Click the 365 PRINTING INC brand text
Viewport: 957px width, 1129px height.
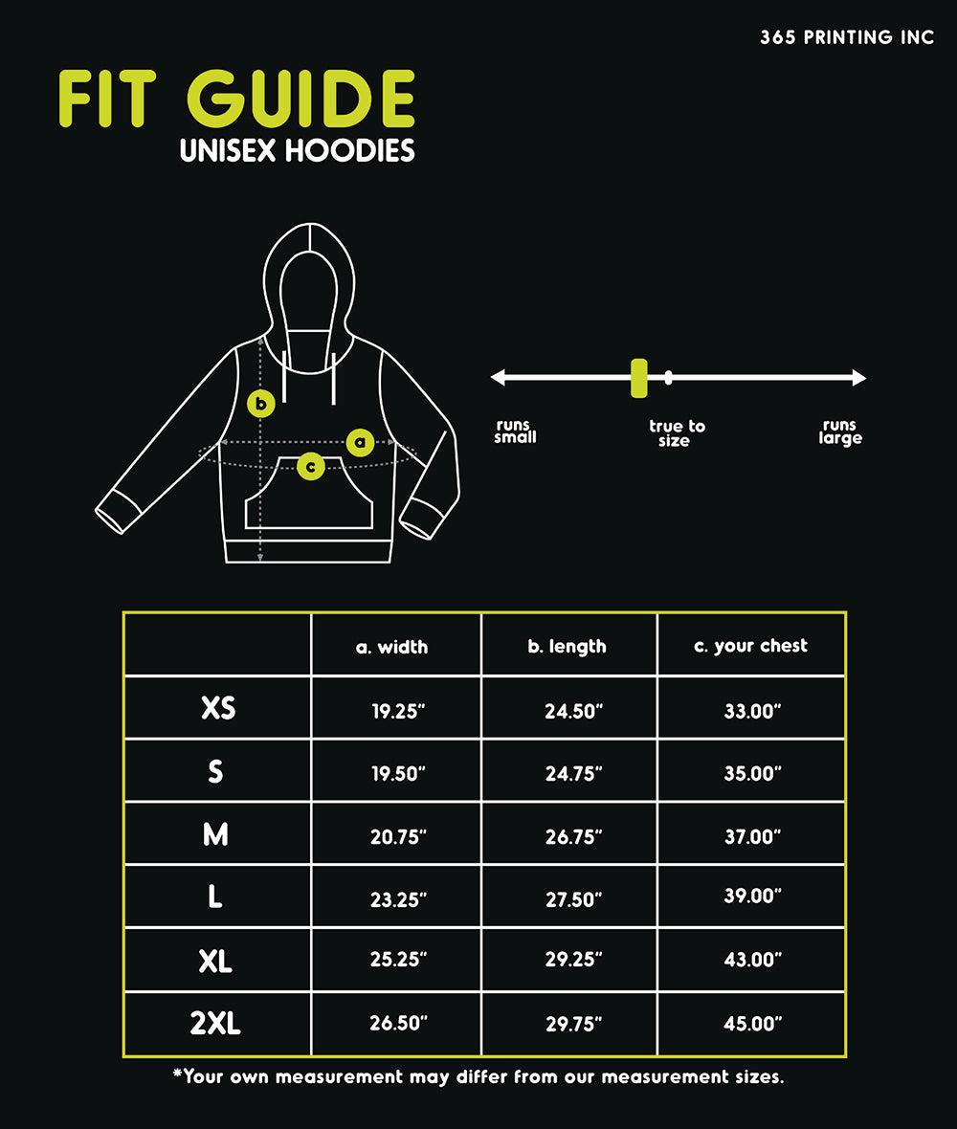click(x=847, y=38)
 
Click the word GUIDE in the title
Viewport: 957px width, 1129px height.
click(x=300, y=100)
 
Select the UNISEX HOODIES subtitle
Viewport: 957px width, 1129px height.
click(x=298, y=151)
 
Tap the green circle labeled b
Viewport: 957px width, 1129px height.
click(x=261, y=403)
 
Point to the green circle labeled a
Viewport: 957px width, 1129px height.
click(x=360, y=442)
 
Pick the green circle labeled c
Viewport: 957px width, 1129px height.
click(x=310, y=466)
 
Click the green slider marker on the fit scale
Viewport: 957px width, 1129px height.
click(x=638, y=377)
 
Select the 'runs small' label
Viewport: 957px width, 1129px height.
click(x=515, y=432)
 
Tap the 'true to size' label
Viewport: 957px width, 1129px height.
click(x=676, y=433)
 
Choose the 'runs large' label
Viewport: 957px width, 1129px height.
click(x=840, y=432)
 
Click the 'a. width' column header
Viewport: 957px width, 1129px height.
click(x=391, y=647)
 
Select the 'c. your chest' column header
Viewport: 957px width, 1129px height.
click(x=750, y=646)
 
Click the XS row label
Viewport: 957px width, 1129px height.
click(x=218, y=708)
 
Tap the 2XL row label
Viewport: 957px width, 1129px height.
click(x=215, y=1024)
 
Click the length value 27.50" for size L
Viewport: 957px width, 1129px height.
click(x=573, y=899)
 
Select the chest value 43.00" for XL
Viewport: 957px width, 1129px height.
click(x=753, y=960)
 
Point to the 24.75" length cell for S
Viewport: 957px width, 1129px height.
click(x=573, y=773)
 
